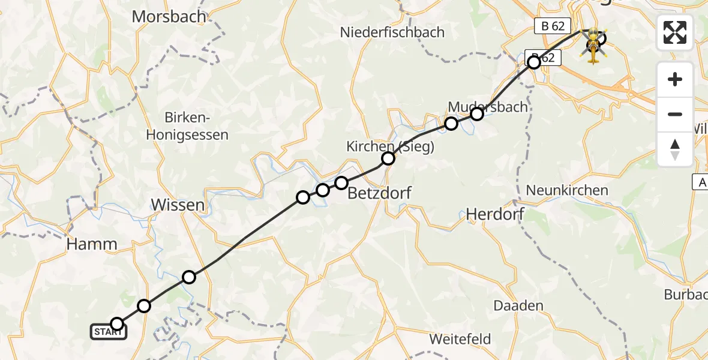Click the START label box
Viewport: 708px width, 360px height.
coord(109,332)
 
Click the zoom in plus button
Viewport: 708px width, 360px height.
coord(675,80)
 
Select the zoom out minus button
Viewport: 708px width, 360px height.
coord(675,114)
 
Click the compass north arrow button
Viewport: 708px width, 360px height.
coord(675,149)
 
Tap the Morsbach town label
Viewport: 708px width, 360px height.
coord(169,16)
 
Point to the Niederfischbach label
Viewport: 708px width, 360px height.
coord(392,32)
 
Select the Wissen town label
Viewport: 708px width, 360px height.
coord(178,205)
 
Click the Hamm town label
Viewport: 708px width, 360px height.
coord(92,244)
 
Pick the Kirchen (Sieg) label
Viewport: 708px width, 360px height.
coord(390,146)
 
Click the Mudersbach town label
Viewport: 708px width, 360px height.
coord(488,107)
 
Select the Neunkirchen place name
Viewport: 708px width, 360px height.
coord(567,191)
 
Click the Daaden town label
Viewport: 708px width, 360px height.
coord(518,305)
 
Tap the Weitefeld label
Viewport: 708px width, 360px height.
coord(460,339)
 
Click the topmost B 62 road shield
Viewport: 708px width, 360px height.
coord(551,26)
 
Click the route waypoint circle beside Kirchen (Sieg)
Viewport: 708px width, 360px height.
coord(388,158)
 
